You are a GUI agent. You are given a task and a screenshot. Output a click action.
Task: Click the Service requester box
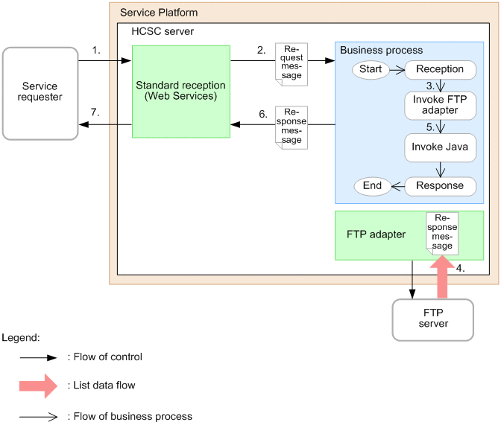pos(40,93)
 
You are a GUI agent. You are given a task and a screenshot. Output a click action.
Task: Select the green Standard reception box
pos(181,92)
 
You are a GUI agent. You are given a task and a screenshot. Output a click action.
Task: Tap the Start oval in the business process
pos(371,69)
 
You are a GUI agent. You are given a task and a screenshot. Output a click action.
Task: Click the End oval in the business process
pos(371,186)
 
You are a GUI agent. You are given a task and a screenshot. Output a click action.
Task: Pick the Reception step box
pos(441,69)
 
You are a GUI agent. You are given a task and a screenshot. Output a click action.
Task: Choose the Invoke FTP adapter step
pos(441,105)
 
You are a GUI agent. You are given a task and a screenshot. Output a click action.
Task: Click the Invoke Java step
pos(441,147)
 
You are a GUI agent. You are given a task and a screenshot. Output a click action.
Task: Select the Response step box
pos(441,186)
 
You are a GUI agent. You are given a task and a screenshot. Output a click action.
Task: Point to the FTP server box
pos(433,319)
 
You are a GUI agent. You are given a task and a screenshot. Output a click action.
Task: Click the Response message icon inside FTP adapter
pos(441,231)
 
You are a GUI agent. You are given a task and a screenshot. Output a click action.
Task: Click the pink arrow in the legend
pos(38,386)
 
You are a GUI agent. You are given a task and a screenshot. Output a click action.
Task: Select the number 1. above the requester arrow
pos(97,50)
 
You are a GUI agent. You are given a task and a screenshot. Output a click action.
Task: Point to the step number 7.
pos(94,112)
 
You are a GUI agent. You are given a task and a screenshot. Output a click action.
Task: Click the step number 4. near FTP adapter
pos(461,269)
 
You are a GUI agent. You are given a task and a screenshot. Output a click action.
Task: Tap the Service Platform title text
pos(159,13)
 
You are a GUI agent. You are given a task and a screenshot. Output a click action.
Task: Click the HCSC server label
pos(163,31)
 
